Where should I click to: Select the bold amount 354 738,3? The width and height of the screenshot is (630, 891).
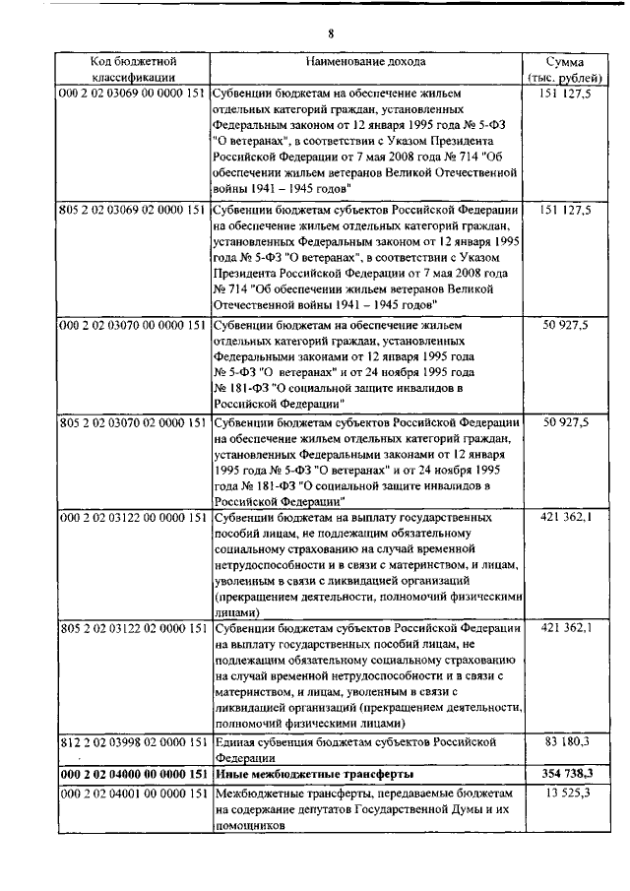565,775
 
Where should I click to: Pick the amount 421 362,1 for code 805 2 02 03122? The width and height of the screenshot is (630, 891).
565,627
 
